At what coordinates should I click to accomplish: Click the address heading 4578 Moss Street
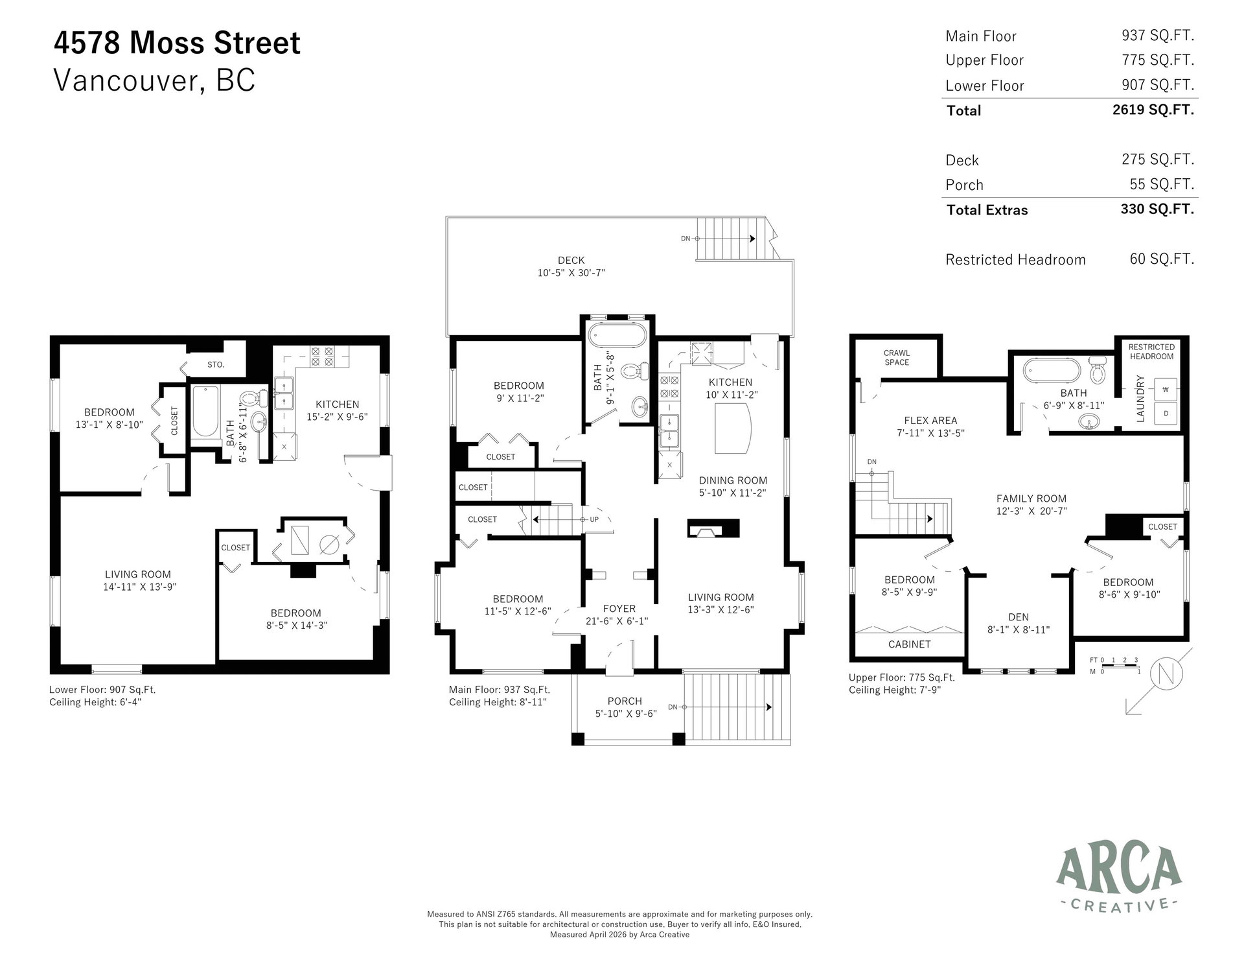[177, 43]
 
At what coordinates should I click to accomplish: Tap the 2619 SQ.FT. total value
[1153, 110]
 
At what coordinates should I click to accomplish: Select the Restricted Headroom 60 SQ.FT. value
[1162, 259]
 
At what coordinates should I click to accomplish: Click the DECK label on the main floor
[570, 261]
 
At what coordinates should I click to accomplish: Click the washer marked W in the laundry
[1166, 390]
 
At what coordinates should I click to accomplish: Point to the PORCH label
[625, 701]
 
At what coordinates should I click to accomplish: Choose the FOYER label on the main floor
[619, 609]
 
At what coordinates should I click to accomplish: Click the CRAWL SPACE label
[897, 358]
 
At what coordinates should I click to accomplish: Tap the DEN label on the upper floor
[1019, 617]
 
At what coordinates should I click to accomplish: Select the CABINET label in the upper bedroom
[910, 644]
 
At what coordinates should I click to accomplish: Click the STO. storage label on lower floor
[216, 365]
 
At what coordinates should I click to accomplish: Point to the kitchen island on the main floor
[733, 428]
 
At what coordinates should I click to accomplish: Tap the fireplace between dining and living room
[713, 529]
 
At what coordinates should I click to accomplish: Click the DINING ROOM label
[733, 480]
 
